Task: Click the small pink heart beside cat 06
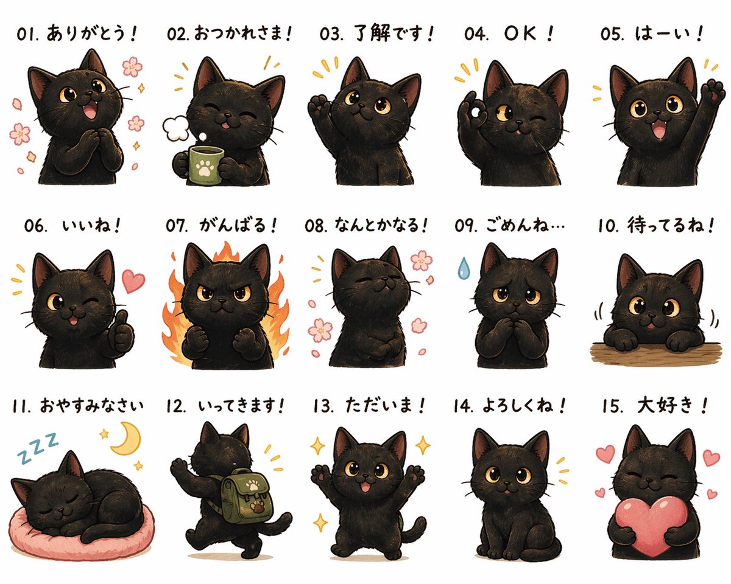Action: point(133,280)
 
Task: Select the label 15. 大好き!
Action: point(654,405)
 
